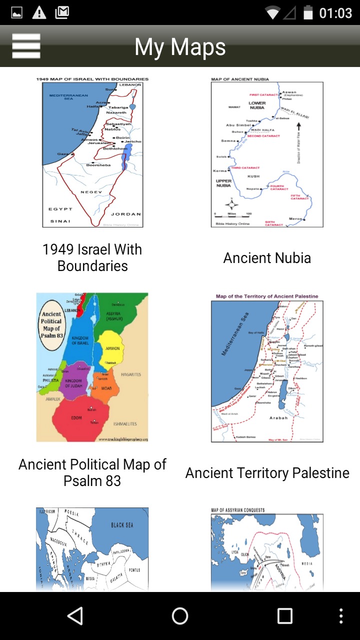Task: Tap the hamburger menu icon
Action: [26, 46]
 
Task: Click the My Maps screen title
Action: [180, 47]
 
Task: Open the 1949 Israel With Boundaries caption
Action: [92, 257]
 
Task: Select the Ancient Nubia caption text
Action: [267, 258]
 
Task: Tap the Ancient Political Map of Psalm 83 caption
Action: [92, 472]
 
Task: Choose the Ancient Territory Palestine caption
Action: [267, 473]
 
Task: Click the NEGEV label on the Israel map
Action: [92, 192]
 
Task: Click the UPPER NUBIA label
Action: [223, 183]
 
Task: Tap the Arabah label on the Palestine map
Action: [278, 417]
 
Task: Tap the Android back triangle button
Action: [75, 616]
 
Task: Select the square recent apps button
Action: [284, 616]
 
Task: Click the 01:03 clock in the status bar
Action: [335, 13]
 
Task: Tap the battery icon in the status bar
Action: [308, 12]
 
